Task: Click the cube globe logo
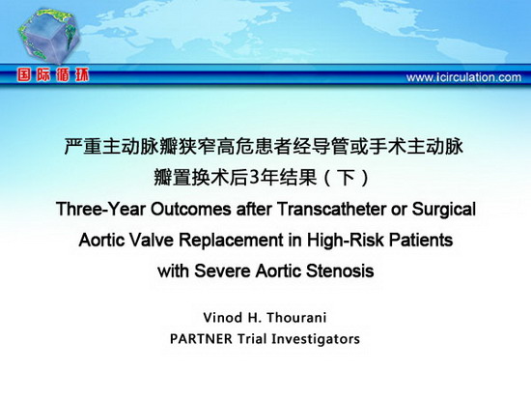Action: [x=49, y=36]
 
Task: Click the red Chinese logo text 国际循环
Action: [x=53, y=75]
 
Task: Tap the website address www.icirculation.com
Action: [x=463, y=77]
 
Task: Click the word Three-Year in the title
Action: [x=101, y=210]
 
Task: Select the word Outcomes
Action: [x=190, y=210]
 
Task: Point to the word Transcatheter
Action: [x=331, y=210]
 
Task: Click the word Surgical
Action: [x=444, y=210]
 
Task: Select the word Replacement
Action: [x=231, y=241]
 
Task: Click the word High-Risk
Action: [x=346, y=241]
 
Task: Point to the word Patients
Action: [x=421, y=241]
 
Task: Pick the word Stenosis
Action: [x=340, y=271]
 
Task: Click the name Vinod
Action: [x=223, y=318]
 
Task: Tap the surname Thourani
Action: [x=296, y=318]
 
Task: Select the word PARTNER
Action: [x=201, y=339]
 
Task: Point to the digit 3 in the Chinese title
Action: [x=253, y=178]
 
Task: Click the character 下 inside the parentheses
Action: [x=347, y=178]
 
